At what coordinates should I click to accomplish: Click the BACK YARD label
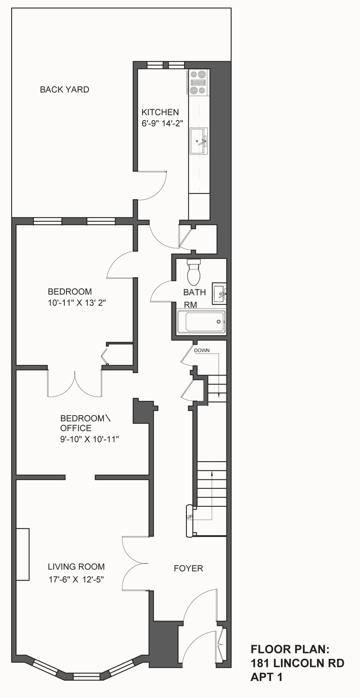(64, 89)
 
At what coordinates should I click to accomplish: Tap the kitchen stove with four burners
(198, 82)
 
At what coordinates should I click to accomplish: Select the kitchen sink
(198, 141)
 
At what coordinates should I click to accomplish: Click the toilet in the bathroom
(194, 273)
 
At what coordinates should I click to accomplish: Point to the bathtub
(201, 322)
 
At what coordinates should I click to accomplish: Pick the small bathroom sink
(219, 294)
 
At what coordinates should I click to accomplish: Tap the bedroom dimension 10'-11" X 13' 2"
(76, 303)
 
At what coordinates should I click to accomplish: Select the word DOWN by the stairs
(202, 350)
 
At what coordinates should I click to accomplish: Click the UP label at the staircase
(189, 517)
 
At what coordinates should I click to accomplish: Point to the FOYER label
(189, 568)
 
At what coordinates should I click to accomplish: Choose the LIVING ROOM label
(76, 567)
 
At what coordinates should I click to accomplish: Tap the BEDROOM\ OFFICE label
(84, 423)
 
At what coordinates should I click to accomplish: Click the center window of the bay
(86, 676)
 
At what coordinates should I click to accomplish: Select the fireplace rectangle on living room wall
(23, 554)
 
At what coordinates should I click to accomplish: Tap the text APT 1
(266, 677)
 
